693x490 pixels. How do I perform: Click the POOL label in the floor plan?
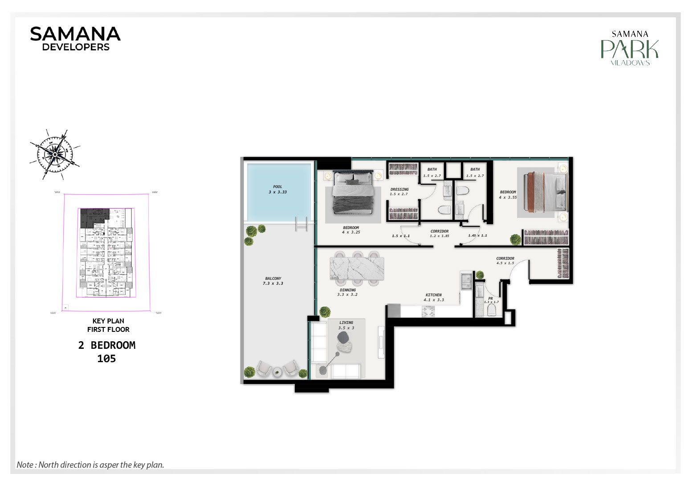[x=277, y=187]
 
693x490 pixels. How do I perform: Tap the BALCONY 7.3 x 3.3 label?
[x=273, y=281]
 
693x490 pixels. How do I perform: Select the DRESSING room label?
[x=399, y=189]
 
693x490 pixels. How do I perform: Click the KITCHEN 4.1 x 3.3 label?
[x=433, y=297]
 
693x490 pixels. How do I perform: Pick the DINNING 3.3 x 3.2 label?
[x=347, y=292]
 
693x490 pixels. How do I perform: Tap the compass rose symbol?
[x=55, y=155]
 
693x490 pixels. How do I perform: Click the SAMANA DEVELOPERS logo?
[x=75, y=39]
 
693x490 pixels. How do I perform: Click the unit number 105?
[x=106, y=359]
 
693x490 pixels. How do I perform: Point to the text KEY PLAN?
[x=108, y=321]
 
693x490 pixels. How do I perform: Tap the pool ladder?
[x=302, y=224]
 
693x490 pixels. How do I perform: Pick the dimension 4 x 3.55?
[x=508, y=197]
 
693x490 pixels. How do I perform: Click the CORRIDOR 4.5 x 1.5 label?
[x=505, y=261]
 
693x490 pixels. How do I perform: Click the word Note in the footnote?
[x=25, y=465]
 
